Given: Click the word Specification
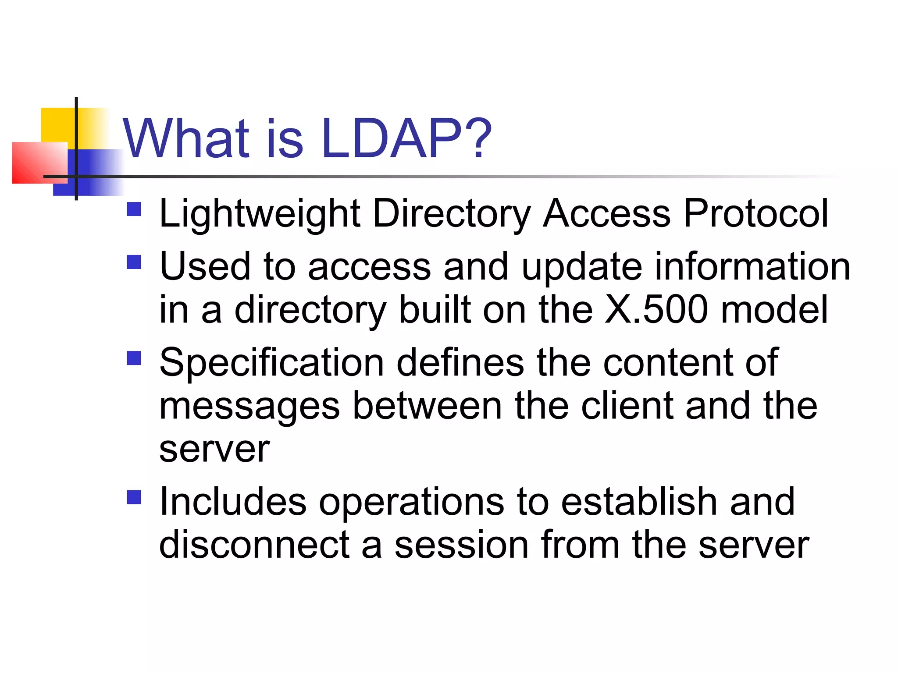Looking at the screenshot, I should coord(271,363).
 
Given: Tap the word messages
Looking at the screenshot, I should coord(249,407).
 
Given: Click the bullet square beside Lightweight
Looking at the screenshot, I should coord(134,209).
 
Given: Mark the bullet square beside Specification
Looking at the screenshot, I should coord(134,358).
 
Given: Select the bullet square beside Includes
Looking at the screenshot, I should coord(134,497).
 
